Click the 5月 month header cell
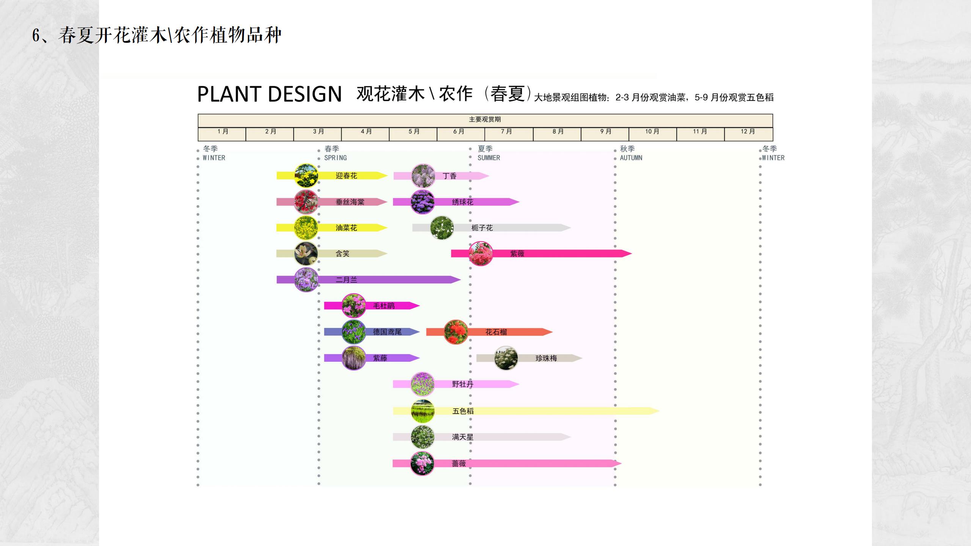pyautogui.click(x=413, y=132)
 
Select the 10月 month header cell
pyautogui.click(x=652, y=132)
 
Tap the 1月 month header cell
pyautogui.click(x=222, y=132)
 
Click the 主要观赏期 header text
pyautogui.click(x=485, y=119)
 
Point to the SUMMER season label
pyautogui.click(x=489, y=158)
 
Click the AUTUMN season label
pyautogui.click(x=631, y=158)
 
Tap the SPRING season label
pyautogui.click(x=335, y=158)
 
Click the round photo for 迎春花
pyautogui.click(x=306, y=176)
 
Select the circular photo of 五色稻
pyautogui.click(x=423, y=411)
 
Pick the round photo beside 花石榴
pyautogui.click(x=456, y=332)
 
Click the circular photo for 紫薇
pyautogui.click(x=481, y=254)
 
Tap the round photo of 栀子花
pyautogui.click(x=442, y=228)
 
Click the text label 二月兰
pyautogui.click(x=346, y=280)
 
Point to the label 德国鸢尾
pyautogui.click(x=387, y=332)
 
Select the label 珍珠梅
pyautogui.click(x=546, y=358)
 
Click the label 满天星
pyautogui.click(x=462, y=437)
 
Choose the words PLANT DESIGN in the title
pyautogui.click(x=269, y=94)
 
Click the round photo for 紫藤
pyautogui.click(x=354, y=358)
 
